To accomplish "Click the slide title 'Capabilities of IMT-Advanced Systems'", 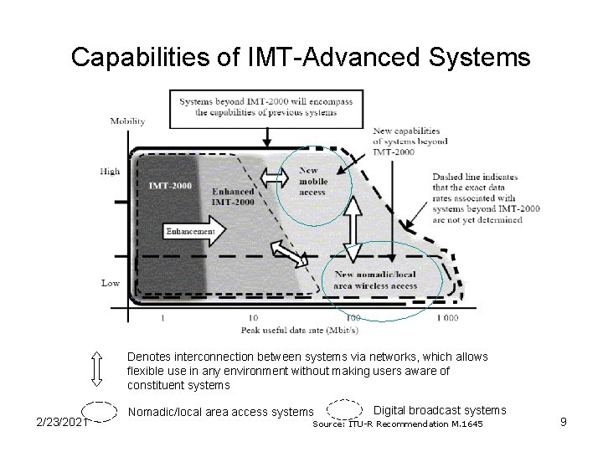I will [x=301, y=57].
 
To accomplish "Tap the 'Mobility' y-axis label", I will [x=127, y=121].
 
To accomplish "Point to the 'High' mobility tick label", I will [x=110, y=172].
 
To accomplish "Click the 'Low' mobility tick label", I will [x=111, y=283].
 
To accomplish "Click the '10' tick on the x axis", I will [x=253, y=318].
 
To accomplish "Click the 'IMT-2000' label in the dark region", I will [x=169, y=185].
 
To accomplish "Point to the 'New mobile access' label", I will [x=312, y=181].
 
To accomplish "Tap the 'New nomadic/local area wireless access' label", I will [x=375, y=280].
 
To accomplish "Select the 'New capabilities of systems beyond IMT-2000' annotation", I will [x=410, y=141].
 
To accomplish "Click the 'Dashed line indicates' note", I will [x=477, y=198].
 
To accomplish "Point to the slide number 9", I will [x=564, y=422].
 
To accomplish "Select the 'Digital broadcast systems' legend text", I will [x=439, y=410].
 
